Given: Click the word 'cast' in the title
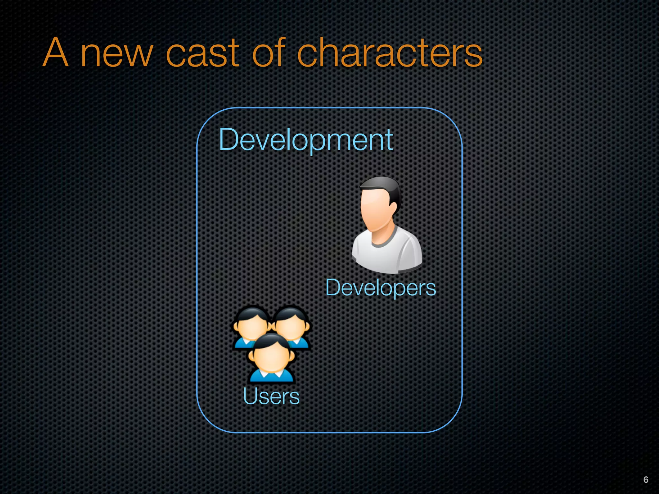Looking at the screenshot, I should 202,53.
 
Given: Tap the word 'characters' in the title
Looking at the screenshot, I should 389,53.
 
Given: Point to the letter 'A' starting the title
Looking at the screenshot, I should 56,52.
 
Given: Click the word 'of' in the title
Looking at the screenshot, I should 269,52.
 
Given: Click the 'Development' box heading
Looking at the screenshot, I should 306,140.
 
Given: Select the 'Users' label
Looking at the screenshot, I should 271,396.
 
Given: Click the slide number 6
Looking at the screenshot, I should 646,480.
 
